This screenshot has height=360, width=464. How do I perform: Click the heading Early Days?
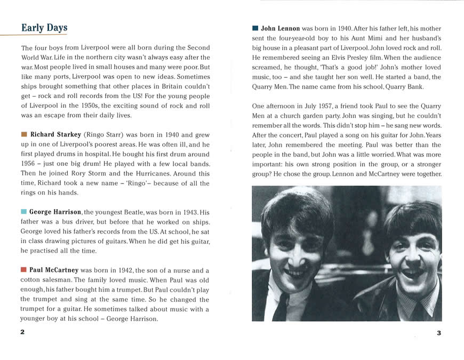coord(44,28)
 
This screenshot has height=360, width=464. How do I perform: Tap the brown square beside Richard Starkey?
coord(24,134)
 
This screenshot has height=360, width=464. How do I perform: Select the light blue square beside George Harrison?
coord(24,212)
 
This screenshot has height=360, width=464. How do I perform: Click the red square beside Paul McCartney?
coord(24,270)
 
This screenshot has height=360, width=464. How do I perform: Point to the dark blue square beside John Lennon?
coord(255,28)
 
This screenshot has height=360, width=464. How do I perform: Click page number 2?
coord(22,332)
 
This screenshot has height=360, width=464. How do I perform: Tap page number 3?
coord(438,333)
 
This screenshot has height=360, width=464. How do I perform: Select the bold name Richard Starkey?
coord(55,134)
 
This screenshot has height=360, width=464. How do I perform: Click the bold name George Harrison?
coord(55,212)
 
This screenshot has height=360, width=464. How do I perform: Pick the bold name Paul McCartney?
coord(54,270)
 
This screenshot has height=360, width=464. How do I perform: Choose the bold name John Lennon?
coord(281,28)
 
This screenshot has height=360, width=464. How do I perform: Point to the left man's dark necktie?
coord(281,308)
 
